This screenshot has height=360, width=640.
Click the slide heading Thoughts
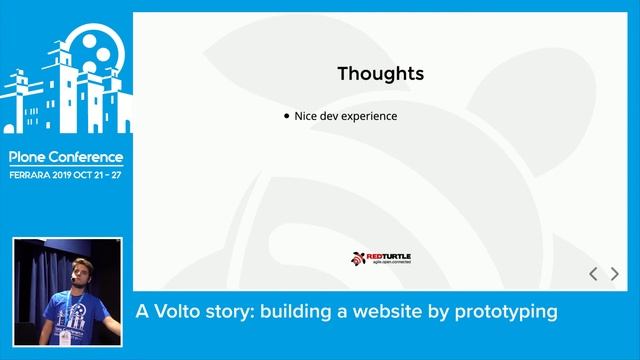[x=380, y=73]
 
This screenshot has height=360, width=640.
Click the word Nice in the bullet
[x=306, y=116]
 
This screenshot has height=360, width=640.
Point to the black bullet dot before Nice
[x=287, y=116]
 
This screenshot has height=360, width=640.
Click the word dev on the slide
[x=331, y=116]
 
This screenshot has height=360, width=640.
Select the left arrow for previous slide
[x=593, y=273]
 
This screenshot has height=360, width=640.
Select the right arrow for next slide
[x=614, y=273]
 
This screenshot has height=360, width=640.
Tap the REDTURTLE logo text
[x=388, y=257]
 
